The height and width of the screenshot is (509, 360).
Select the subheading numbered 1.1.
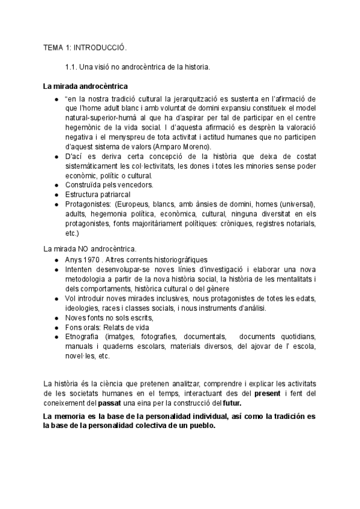click(x=137, y=67)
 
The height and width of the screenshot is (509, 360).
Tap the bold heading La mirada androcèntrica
click(x=85, y=86)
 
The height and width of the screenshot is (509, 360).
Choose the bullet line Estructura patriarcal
click(x=98, y=194)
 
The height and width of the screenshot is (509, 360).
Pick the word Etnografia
click(x=83, y=337)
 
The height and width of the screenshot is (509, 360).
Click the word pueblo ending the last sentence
click(x=199, y=426)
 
